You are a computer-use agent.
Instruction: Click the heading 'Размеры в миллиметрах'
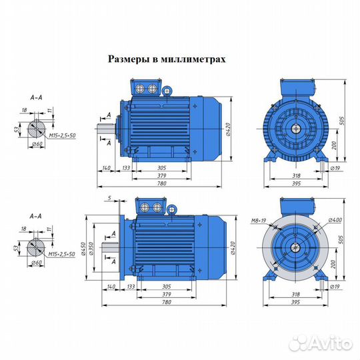pyautogui.click(x=167, y=59)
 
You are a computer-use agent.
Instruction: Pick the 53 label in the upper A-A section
pyautogui.click(x=16, y=128)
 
